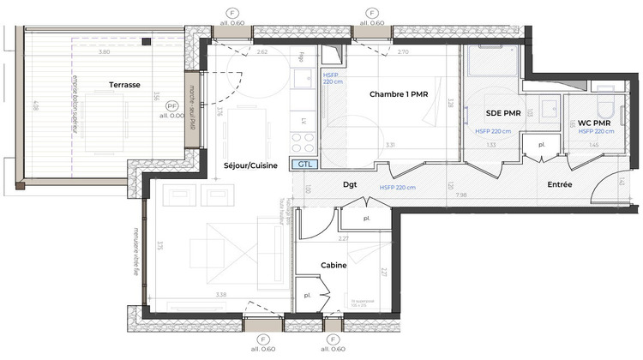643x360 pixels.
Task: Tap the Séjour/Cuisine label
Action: [x=250, y=165]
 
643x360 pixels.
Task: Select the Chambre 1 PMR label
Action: [x=398, y=93]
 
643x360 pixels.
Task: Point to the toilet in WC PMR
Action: [x=604, y=109]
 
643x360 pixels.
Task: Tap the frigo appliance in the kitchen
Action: [x=304, y=58]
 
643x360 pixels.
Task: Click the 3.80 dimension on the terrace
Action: [x=104, y=52]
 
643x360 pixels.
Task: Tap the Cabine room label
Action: [x=334, y=266]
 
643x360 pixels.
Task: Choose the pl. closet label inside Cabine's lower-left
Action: [x=307, y=296]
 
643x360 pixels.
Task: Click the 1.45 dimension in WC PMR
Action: [x=594, y=145]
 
